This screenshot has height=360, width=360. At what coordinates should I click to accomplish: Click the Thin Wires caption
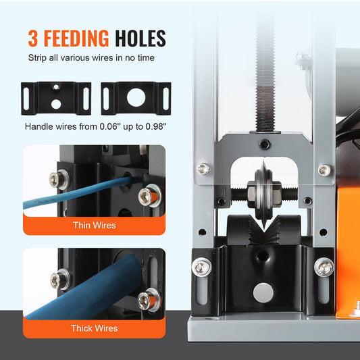tap(95, 225)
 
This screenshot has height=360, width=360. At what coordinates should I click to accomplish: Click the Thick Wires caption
tap(95, 328)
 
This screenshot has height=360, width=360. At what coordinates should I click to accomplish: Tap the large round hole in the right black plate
tap(135, 98)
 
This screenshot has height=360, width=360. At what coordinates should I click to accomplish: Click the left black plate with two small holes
tap(56, 98)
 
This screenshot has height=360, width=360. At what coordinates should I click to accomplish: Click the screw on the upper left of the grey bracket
tap(203, 168)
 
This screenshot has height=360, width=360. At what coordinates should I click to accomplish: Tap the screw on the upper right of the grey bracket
tap(324, 170)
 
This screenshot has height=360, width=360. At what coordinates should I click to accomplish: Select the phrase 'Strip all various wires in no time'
tap(91, 58)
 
